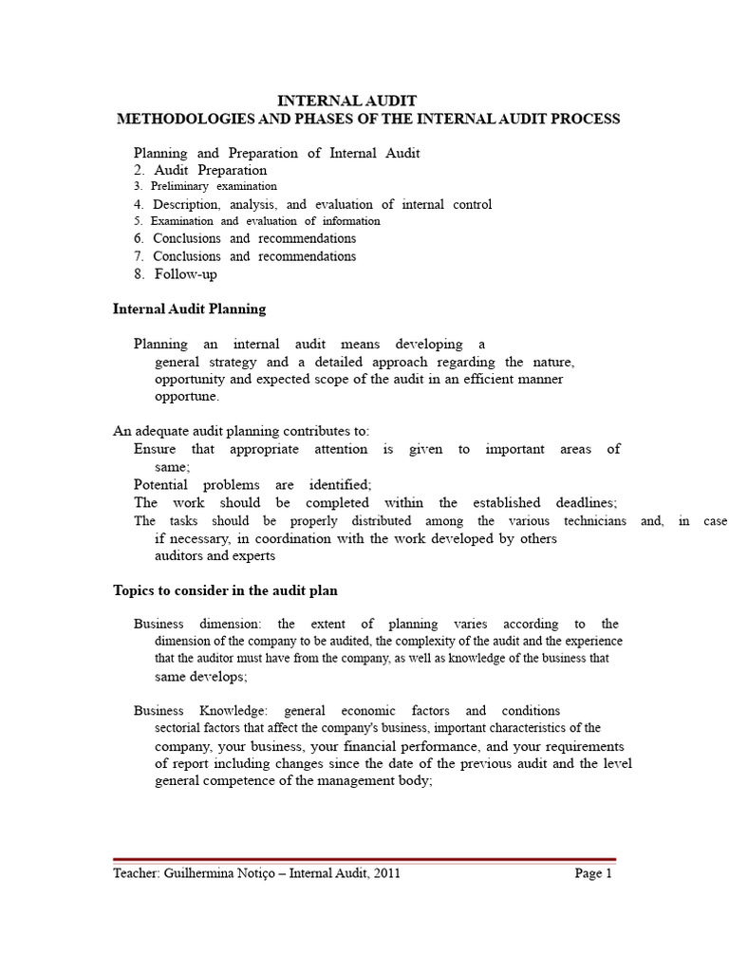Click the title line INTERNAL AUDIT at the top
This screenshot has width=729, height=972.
[x=346, y=101]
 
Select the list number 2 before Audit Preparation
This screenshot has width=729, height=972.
[x=139, y=170]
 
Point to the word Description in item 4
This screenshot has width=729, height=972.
[x=186, y=204]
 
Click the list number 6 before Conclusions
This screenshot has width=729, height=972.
[x=139, y=238]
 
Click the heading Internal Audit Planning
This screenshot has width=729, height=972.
[x=189, y=308]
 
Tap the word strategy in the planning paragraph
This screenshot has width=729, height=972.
[x=228, y=362]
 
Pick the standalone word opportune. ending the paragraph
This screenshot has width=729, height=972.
[x=187, y=396]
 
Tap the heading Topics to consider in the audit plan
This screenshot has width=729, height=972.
[x=225, y=590]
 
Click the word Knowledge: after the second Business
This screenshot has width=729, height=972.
[x=234, y=710]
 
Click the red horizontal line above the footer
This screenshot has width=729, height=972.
[x=364, y=859]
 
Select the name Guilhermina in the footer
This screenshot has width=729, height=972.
[x=204, y=874]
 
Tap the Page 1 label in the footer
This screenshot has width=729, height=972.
[x=593, y=874]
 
